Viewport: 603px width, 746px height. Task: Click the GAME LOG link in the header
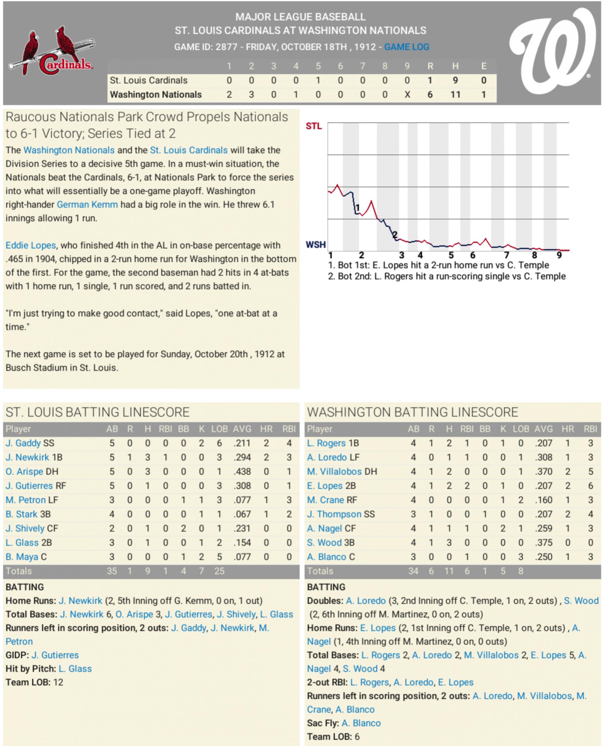pos(406,47)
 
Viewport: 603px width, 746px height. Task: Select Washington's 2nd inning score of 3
pos(251,95)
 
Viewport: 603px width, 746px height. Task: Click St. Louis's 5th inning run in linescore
pos(318,80)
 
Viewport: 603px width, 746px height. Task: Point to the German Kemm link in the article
pos(87,205)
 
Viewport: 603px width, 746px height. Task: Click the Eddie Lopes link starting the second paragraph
pos(31,245)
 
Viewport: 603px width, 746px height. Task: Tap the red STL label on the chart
pos(313,126)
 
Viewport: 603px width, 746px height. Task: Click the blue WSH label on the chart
pos(315,245)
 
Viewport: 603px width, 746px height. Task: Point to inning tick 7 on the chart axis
pos(507,255)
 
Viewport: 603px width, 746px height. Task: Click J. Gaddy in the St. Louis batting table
pos(23,443)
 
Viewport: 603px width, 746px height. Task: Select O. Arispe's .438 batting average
pos(242,471)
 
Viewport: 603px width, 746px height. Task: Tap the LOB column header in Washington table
pos(521,429)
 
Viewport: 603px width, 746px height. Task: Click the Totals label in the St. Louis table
pos(19,571)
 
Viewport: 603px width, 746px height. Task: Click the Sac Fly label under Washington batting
pos(322,723)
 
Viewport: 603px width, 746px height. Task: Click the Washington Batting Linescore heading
pos(412,412)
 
